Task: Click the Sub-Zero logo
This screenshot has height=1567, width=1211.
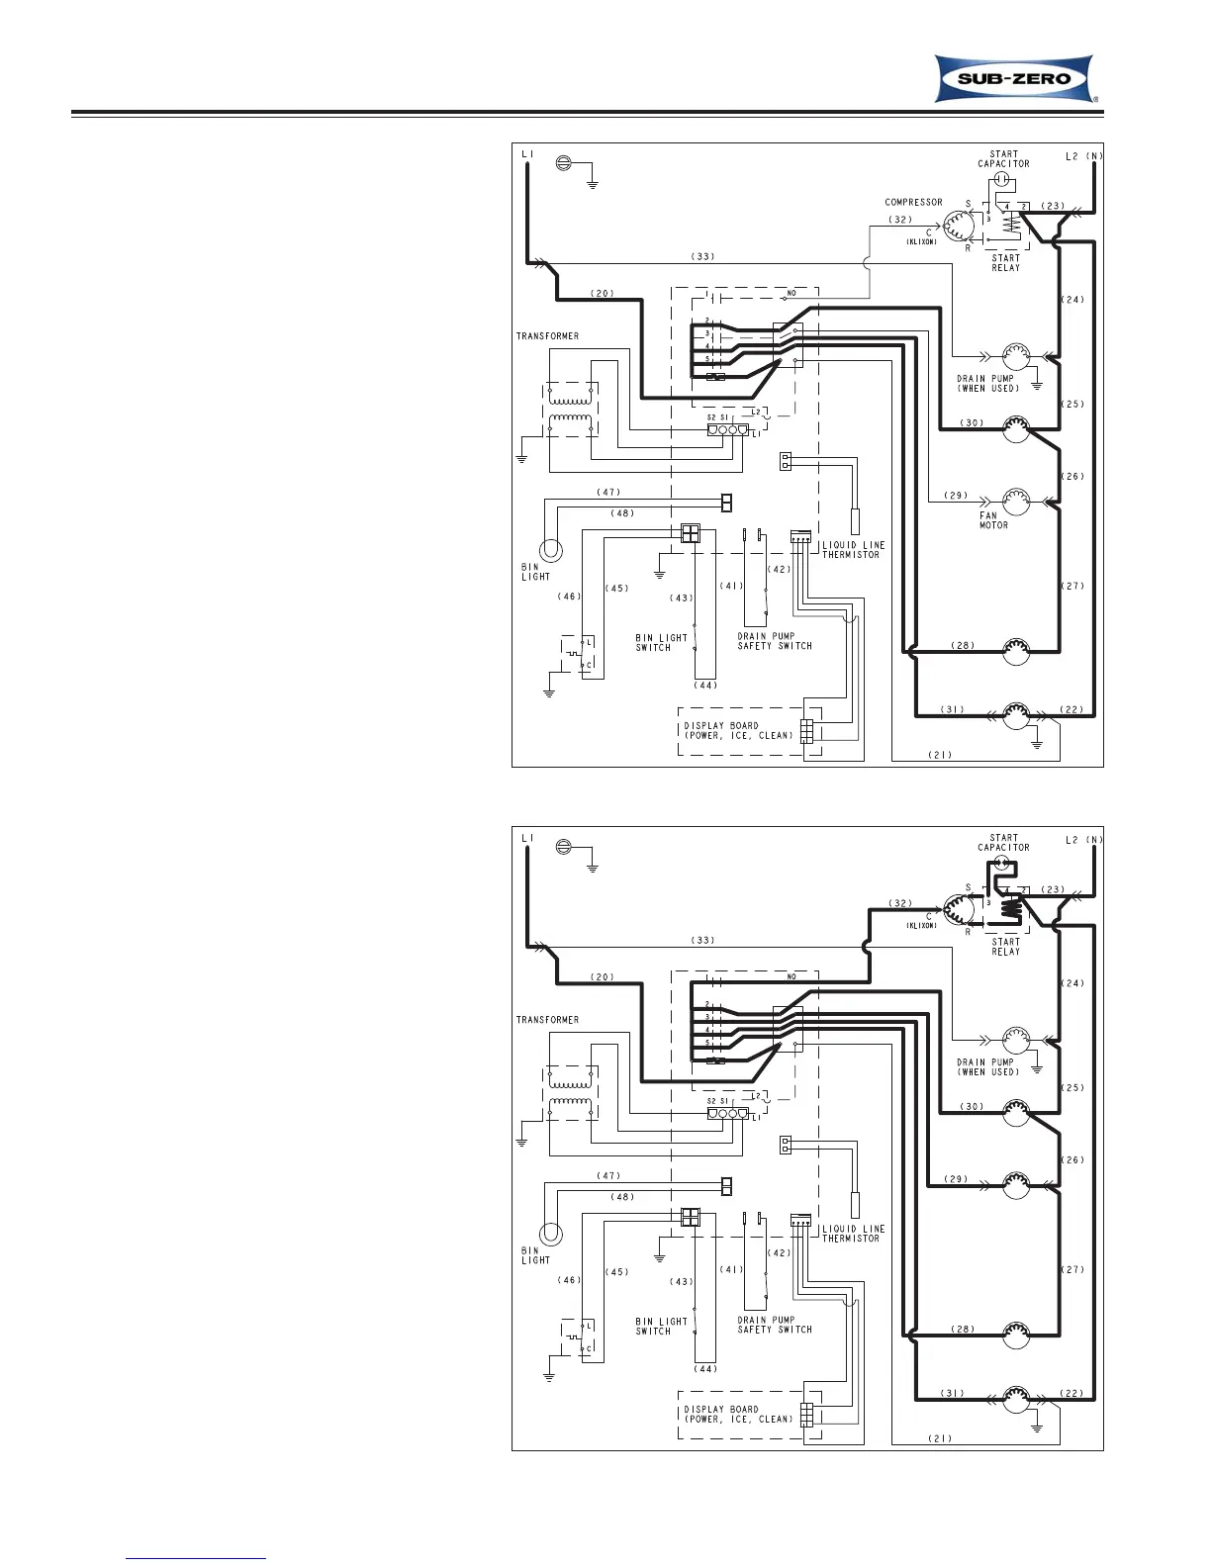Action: pos(1015,79)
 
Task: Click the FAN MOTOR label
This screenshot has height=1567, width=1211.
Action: pos(994,520)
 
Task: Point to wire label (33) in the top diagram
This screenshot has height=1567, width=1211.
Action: pos(703,256)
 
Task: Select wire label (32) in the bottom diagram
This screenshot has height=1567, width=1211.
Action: pos(900,903)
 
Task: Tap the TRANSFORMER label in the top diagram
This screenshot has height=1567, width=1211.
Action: pos(547,336)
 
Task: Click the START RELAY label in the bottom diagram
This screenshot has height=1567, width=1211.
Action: pos(1005,947)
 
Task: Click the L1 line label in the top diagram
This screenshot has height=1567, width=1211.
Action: pos(527,155)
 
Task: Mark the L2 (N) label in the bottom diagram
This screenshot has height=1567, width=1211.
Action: pos(1084,840)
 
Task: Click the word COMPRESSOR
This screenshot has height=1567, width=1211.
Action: pos(913,203)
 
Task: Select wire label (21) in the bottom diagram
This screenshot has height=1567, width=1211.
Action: pos(940,1438)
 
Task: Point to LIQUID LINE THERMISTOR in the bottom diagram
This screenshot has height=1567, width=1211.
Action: pos(852,1234)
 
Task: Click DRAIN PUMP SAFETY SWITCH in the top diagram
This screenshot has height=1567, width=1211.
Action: pos(775,641)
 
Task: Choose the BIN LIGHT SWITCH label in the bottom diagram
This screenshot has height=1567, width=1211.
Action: pos(661,1326)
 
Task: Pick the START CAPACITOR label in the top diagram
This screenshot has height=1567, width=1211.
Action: pos(1003,159)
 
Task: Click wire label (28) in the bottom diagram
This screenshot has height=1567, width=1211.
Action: pos(963,1330)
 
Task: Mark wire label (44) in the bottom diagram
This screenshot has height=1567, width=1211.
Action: pos(704,1369)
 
